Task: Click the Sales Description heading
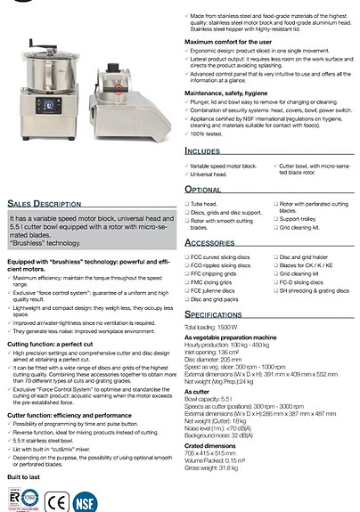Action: point(45,203)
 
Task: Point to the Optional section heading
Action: point(203,190)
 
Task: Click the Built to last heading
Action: point(24,477)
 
